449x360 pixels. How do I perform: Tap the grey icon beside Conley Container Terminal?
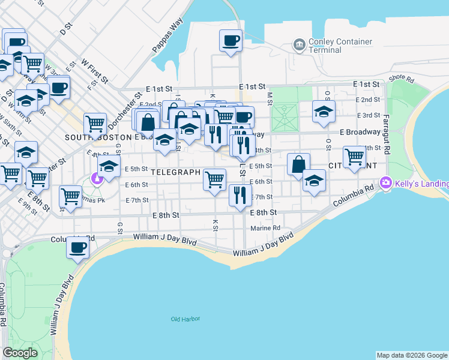tap(299, 44)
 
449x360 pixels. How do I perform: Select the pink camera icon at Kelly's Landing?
tap(385, 182)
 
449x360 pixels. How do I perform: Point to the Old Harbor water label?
tap(184, 319)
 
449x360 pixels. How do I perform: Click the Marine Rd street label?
tap(266, 228)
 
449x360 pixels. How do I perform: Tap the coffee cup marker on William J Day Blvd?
tap(77, 247)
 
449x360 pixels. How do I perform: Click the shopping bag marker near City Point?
tap(298, 164)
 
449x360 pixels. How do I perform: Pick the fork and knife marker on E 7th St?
tap(240, 194)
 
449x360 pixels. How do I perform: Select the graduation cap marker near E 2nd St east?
tap(324, 111)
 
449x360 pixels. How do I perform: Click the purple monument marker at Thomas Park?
tap(95, 178)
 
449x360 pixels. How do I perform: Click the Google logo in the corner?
tap(20, 353)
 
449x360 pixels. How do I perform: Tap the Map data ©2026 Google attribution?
tap(412, 355)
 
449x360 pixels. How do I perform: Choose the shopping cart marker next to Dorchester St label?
tap(95, 124)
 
